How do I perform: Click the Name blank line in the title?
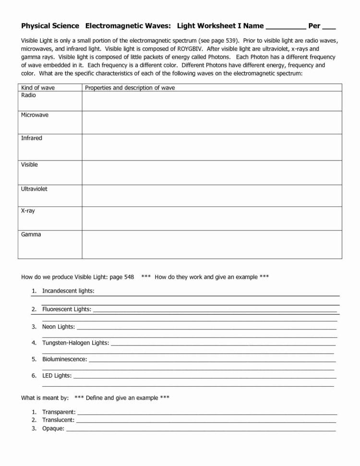point(286,28)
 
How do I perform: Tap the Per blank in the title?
point(329,28)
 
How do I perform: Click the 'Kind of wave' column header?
point(38,87)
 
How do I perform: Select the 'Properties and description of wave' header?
point(130,87)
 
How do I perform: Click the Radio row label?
point(28,95)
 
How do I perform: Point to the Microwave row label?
point(35,115)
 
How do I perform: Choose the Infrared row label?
point(32,138)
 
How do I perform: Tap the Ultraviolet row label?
point(34,189)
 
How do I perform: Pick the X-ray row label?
point(28,211)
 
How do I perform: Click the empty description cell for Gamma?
point(211,245)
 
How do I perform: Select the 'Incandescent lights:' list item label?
point(68,291)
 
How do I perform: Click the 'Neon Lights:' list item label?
point(59,327)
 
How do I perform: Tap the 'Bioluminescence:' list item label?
point(65,359)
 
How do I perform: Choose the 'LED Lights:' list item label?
point(57,376)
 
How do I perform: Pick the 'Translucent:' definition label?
point(58,420)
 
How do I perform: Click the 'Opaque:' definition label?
point(53,429)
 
